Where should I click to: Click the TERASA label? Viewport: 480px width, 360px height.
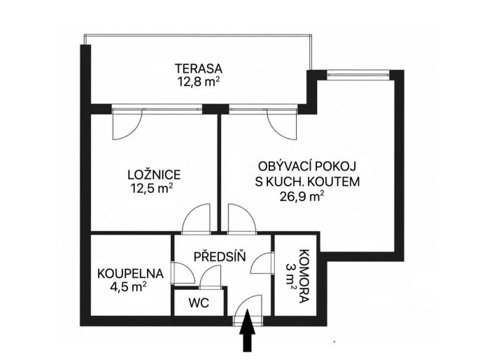coord(198,68)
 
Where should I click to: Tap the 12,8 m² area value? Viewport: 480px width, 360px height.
coord(199,82)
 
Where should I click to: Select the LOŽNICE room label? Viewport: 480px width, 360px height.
coord(154,175)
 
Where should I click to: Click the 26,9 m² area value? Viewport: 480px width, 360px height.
coord(302,196)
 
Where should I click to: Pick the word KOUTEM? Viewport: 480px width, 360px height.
coord(334,181)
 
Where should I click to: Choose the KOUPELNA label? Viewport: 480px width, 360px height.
coord(130,274)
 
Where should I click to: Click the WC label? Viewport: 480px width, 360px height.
coord(199,303)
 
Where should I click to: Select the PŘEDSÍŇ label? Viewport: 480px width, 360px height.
coord(220,256)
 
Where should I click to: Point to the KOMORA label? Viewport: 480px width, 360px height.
coord(304,277)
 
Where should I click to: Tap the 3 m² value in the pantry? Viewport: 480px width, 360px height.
coord(290,277)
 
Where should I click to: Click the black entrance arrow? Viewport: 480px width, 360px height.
coord(248,331)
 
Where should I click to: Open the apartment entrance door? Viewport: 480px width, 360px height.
coord(248,310)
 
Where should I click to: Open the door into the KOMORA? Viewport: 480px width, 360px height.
coord(261,263)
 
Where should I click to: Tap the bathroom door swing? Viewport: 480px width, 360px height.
coord(183,273)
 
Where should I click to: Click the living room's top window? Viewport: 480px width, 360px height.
coord(358,75)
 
